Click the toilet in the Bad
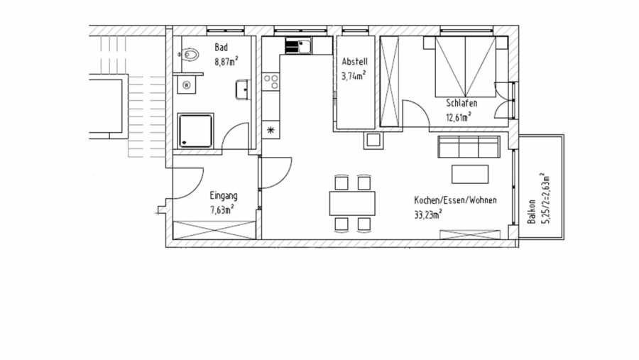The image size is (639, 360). tap(190, 53)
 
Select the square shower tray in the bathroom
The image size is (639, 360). tap(195, 131)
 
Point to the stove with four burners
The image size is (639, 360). tap(271, 82)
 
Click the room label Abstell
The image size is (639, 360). tap(354, 62)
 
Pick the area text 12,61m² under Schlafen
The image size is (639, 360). tap(459, 118)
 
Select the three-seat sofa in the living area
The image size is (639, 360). tap(467, 148)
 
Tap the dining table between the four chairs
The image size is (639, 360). tap(352, 203)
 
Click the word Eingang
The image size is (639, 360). tap(223, 196)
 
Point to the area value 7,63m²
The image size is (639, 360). tap(222, 209)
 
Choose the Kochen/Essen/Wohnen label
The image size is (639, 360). tap(455, 201)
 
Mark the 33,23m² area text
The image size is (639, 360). tap(429, 213)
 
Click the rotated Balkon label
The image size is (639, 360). tap(532, 211)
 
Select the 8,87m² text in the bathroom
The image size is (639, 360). tap(226, 61)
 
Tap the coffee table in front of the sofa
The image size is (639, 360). tap(470, 174)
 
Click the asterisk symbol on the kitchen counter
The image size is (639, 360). tap(271, 129)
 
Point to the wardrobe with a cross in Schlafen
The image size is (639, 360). tap(390, 82)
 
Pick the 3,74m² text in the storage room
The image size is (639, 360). tap(354, 75)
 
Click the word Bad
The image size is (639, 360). tap(221, 48)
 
